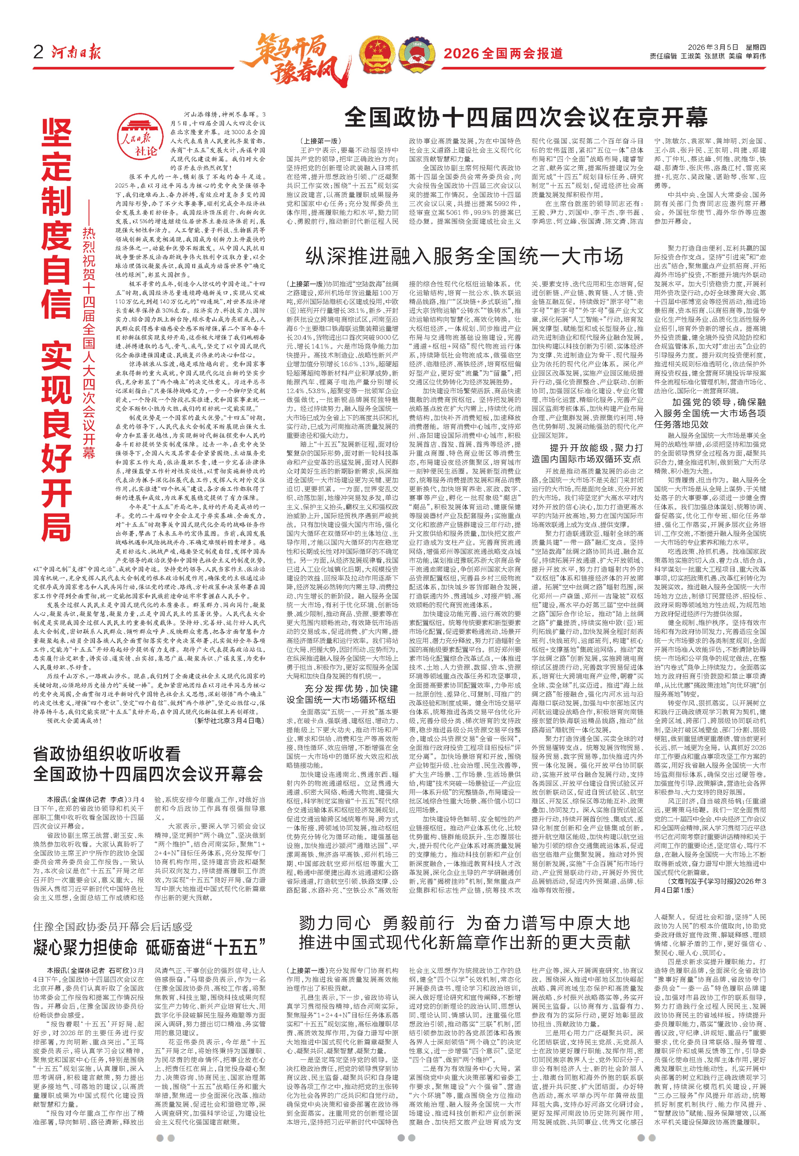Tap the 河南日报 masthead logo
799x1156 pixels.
pos(76,52)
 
